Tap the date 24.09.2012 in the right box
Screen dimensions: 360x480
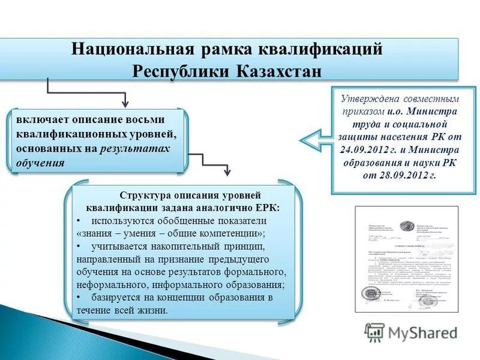pyautogui.click(x=373, y=149)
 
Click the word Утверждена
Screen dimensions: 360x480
pyautogui.click(x=365, y=98)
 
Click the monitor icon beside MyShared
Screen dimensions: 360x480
pyautogui.click(x=374, y=332)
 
